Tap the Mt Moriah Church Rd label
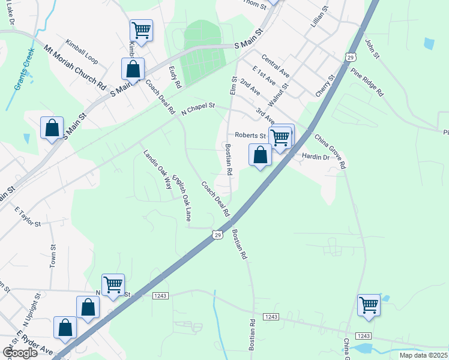(x=74, y=67)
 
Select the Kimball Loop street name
(x=82, y=52)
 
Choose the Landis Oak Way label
(x=157, y=169)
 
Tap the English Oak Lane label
(x=181, y=196)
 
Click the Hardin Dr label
(x=316, y=157)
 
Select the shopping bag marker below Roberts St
(x=260, y=155)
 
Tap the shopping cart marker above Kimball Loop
(x=141, y=30)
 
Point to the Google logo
(x=19, y=353)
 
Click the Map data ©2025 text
(x=423, y=355)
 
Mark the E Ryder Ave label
(x=35, y=344)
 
